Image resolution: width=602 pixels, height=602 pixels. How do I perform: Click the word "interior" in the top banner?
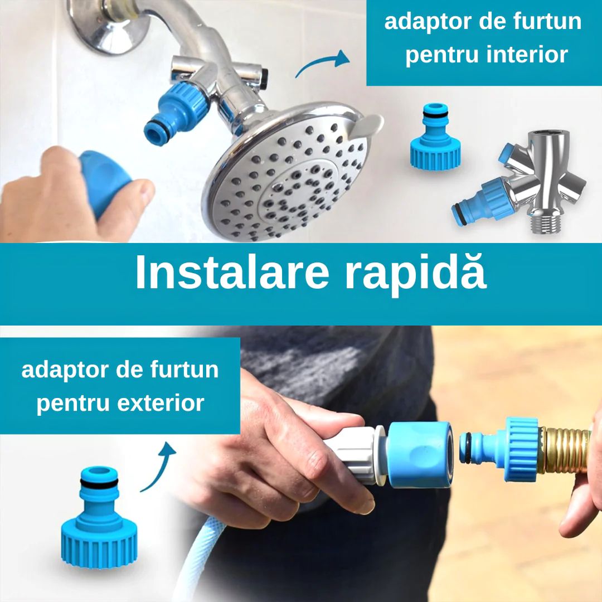[527, 55]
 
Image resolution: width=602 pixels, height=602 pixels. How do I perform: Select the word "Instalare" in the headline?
[232, 271]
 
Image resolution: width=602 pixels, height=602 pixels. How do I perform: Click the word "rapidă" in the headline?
[415, 271]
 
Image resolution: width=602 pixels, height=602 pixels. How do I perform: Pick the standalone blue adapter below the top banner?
[435, 137]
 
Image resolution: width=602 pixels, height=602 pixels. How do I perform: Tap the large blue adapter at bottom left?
[99, 516]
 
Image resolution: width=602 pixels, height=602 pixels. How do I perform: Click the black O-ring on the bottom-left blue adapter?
[99, 484]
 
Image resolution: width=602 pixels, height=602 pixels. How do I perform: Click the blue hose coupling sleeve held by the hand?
[420, 454]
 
